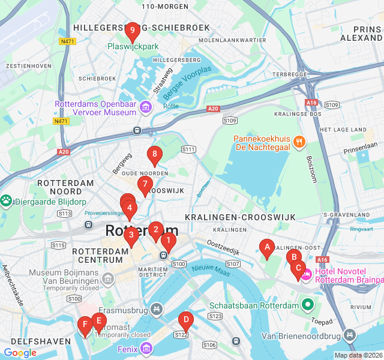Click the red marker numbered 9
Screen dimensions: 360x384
click(132, 30)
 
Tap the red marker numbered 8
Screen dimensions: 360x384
click(154, 154)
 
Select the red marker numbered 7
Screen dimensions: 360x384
click(145, 184)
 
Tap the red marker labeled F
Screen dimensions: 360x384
click(85, 325)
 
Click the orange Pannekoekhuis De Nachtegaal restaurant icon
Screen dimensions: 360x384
click(299, 142)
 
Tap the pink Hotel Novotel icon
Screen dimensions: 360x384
click(305, 275)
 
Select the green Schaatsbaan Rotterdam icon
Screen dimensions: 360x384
click(308, 305)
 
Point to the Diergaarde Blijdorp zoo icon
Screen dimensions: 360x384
click(7, 201)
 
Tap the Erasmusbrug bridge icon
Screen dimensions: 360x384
click(157, 309)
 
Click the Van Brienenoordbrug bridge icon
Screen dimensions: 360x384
click(350, 335)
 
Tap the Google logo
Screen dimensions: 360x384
click(20, 353)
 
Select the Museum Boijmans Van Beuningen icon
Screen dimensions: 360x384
click(108, 278)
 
